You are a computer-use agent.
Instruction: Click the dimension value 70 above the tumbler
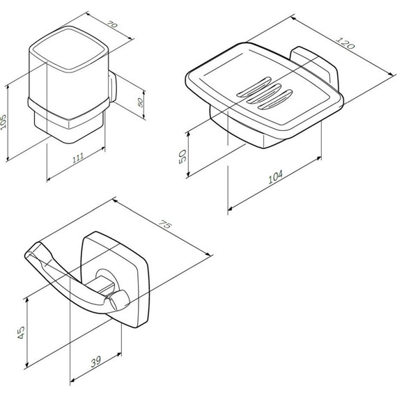click(x=112, y=24)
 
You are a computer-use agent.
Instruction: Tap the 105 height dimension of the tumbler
click(x=3, y=123)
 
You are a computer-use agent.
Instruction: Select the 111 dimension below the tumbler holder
click(x=78, y=157)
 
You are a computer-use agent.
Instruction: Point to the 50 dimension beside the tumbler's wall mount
click(x=140, y=102)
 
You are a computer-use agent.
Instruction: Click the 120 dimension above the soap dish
click(x=345, y=43)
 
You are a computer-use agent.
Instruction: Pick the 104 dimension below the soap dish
click(x=275, y=177)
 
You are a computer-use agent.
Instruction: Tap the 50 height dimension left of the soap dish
click(x=182, y=157)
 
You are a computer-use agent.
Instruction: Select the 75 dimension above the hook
click(x=165, y=224)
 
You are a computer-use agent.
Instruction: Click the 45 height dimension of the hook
click(x=22, y=332)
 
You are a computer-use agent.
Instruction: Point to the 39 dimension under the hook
click(x=96, y=361)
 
